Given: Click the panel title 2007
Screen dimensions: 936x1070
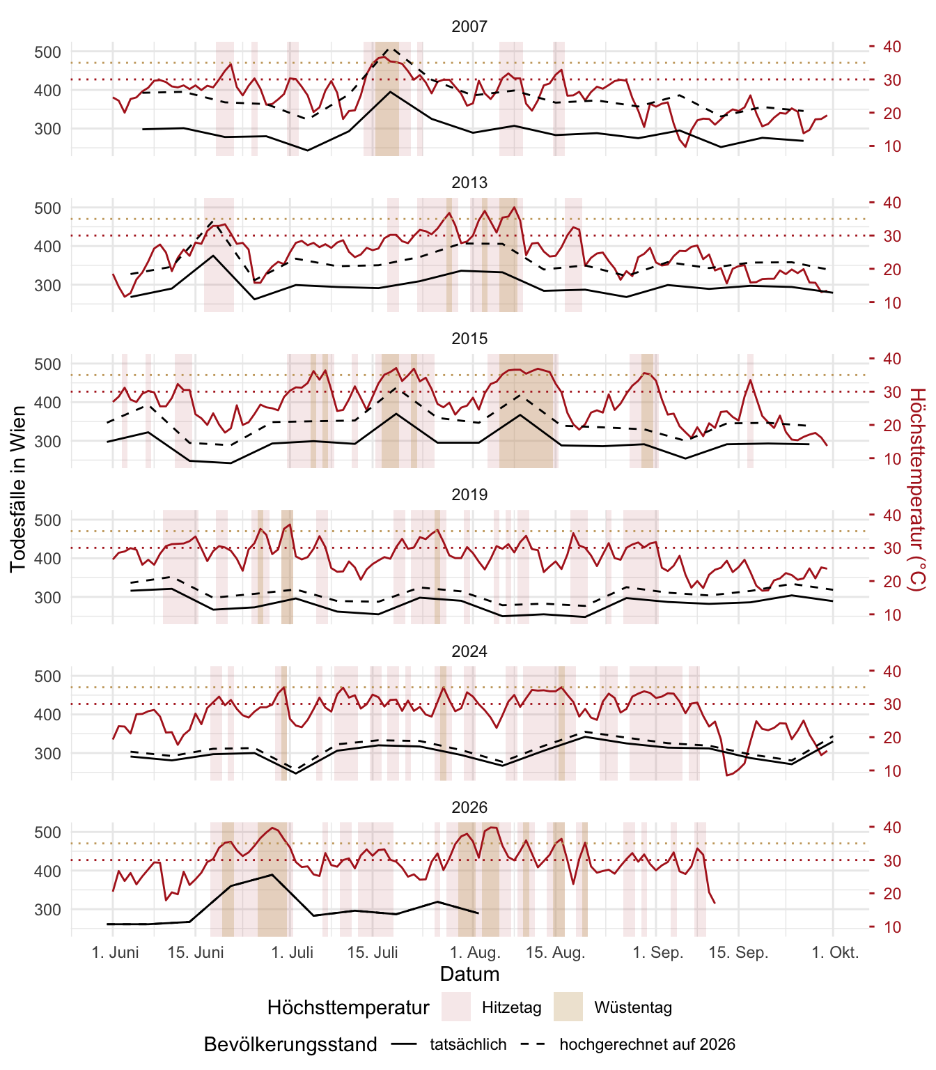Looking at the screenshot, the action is [x=469, y=26].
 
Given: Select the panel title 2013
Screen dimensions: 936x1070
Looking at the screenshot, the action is [x=469, y=183].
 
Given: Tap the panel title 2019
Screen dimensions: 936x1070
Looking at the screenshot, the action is [x=469, y=495].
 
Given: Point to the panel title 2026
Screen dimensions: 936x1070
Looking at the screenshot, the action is [x=469, y=807].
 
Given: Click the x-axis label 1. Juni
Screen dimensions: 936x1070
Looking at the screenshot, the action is [x=115, y=952].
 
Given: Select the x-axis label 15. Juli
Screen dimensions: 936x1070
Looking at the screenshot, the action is [x=373, y=952].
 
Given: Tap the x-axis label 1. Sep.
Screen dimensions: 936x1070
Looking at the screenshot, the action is [x=658, y=952].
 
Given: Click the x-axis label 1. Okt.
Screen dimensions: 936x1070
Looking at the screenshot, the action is [x=835, y=952].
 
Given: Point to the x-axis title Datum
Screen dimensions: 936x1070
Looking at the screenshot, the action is [x=469, y=974].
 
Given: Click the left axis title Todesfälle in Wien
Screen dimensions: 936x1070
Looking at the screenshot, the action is [x=18, y=489].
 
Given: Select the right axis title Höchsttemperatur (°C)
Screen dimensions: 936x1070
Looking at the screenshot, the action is [x=918, y=489].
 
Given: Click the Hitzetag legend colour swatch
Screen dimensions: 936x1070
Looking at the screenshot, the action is [x=456, y=1007].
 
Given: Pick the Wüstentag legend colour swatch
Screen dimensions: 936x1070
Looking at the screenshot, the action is [x=568, y=1007].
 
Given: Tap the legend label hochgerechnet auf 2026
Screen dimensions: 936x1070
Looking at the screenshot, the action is [x=648, y=1044].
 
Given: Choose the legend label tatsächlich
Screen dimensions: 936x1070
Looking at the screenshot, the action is [x=468, y=1044].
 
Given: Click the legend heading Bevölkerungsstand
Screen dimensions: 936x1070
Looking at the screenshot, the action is [x=290, y=1044].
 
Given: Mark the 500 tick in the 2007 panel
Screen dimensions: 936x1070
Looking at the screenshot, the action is [x=47, y=52].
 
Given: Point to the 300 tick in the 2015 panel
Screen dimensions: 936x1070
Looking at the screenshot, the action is [x=47, y=442].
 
